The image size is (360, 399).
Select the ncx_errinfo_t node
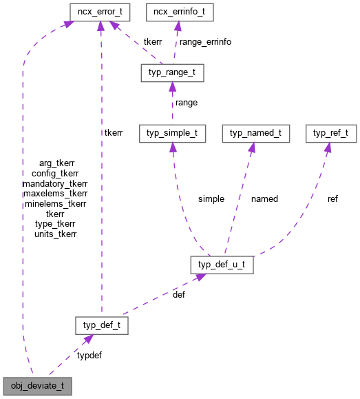point(177,12)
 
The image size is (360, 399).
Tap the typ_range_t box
point(171,72)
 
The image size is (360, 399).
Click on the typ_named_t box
point(255,133)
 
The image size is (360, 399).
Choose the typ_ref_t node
point(331,133)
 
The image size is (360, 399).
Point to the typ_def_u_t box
point(222,265)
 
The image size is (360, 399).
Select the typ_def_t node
point(102,325)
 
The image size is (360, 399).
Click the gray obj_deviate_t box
point(37,385)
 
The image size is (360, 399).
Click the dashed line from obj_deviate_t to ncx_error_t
point(23,207)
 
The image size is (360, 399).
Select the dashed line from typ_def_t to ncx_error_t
point(101,172)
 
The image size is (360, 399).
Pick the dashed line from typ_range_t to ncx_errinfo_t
point(174,45)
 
